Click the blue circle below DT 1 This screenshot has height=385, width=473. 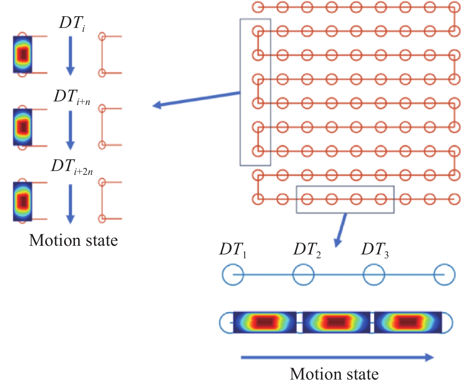(x=233, y=275)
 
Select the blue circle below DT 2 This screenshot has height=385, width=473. (x=303, y=275)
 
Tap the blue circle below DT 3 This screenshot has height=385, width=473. (x=374, y=275)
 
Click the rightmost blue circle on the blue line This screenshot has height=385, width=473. (x=444, y=275)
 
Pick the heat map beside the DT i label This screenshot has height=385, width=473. (x=23, y=54)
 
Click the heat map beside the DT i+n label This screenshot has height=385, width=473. (x=23, y=127)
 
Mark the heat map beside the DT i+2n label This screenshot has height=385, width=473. (x=23, y=201)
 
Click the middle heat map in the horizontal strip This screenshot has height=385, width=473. (x=336, y=322)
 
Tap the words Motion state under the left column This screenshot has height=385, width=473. (x=73, y=240)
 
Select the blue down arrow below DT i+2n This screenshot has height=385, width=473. (x=70, y=204)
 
